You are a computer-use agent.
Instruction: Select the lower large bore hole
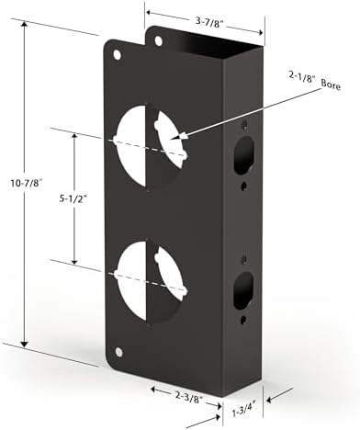coord(147,275)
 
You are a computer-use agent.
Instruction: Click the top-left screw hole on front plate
coord(116,54)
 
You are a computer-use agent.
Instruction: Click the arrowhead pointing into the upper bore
coord(182,137)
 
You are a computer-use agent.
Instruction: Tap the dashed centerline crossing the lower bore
coord(147,276)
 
